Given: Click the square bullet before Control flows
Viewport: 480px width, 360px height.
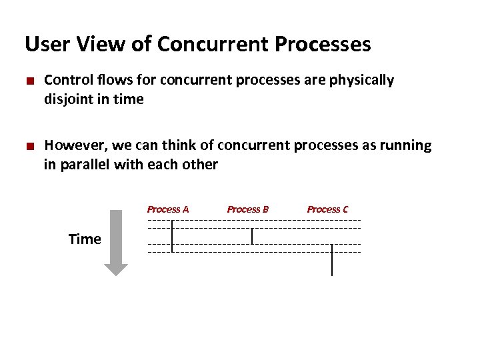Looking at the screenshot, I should pos(29,81).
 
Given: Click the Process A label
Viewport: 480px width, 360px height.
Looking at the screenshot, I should pos(168,209).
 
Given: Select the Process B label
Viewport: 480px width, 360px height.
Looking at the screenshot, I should pos(248,209).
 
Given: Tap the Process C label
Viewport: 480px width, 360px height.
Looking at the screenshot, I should pos(327,209).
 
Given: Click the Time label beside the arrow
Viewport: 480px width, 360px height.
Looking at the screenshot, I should pos(85,239).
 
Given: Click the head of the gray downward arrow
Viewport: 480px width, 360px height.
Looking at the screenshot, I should pos(116,269).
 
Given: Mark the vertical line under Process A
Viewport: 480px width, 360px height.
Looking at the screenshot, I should pos(172,236).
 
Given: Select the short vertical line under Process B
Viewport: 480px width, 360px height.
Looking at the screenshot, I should pos(252,236).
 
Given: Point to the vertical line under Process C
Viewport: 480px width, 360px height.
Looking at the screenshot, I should pos(332,260).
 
